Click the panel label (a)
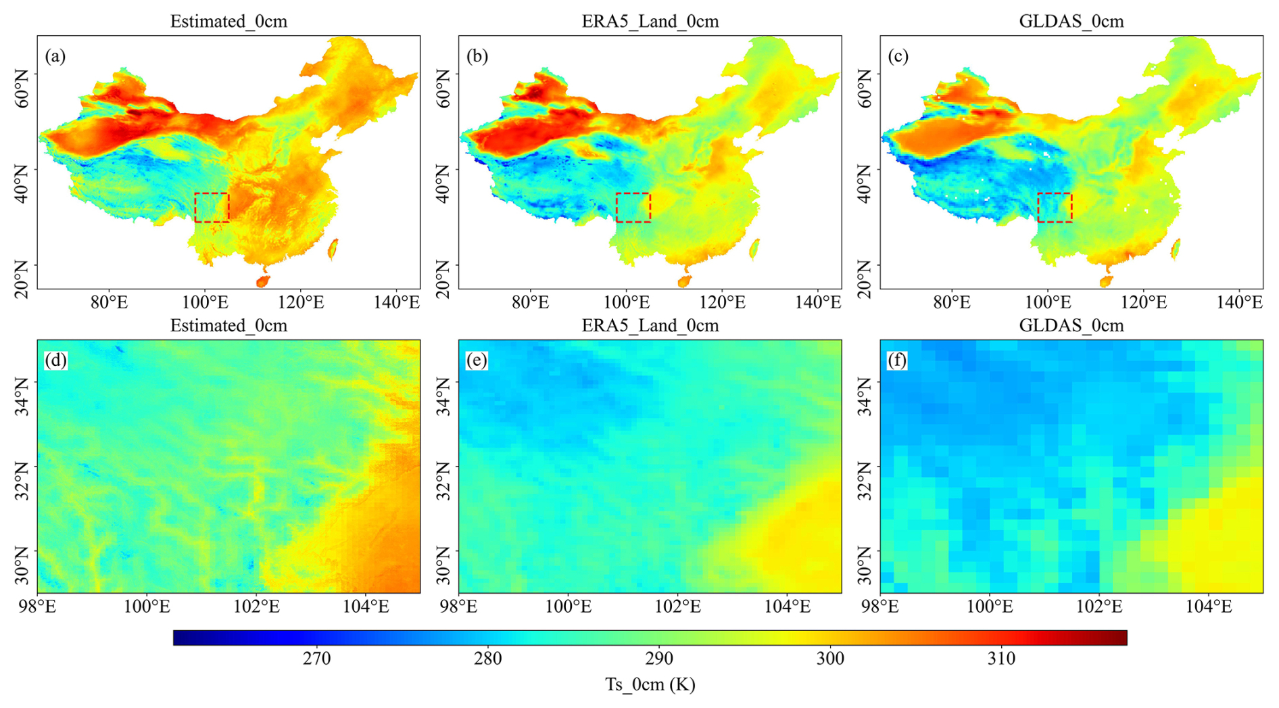coord(55,56)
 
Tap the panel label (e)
coord(477,360)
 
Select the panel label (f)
coord(897,360)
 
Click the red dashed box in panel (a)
coord(212,208)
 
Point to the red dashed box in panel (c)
coord(1055,208)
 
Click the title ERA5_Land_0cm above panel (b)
coord(650,22)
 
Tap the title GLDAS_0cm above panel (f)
coord(1071,326)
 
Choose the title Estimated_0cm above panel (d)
coord(228,326)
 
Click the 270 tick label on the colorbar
coord(316,658)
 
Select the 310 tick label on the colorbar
coord(1000,658)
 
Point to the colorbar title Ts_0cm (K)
coord(650,684)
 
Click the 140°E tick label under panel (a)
coord(397,302)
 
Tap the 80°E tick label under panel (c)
coord(951,302)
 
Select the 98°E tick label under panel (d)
coord(37,607)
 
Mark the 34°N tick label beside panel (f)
coord(865,396)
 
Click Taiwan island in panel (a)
coord(333,250)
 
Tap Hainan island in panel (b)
coord(684,281)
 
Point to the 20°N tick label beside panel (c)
coord(865,278)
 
